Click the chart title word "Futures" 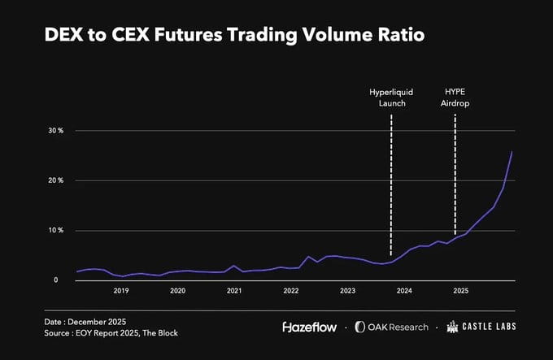click(x=219, y=37)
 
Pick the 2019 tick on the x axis click(x=121, y=291)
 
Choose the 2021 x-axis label click(x=234, y=291)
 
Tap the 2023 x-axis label click(x=347, y=291)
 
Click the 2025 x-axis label click(x=460, y=291)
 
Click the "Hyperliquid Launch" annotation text click(x=391, y=98)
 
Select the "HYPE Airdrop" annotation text click(x=456, y=98)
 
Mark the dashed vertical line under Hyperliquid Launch click(x=391, y=187)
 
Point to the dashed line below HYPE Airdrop click(x=455, y=171)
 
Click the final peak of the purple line click(x=512, y=152)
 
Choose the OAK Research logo click(x=396, y=327)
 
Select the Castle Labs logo click(x=481, y=327)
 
